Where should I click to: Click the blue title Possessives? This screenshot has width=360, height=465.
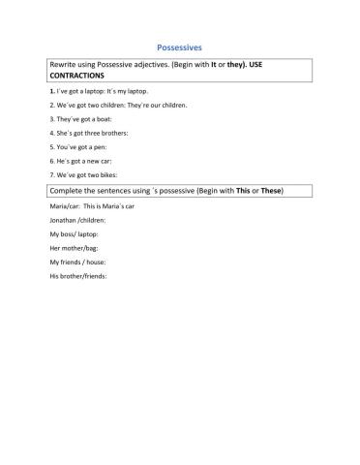pyautogui.click(x=179, y=46)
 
